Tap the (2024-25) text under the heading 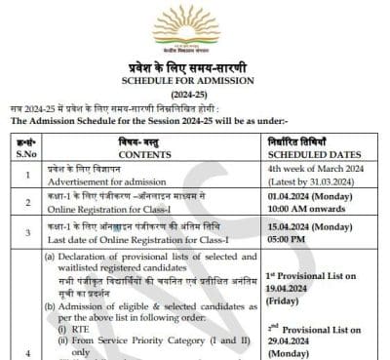coord(196,93)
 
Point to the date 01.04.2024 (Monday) coord(310,197)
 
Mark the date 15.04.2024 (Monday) coord(310,228)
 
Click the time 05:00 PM coord(285,241)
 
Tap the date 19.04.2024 coord(291,290)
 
